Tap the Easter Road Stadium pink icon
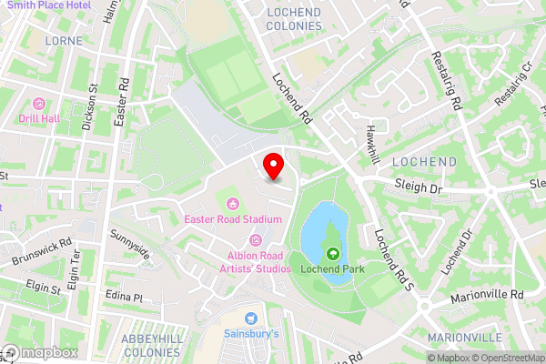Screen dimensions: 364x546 (x=232, y=203)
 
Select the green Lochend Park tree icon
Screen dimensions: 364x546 (x=333, y=254)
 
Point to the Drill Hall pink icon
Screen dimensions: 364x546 (x=38, y=103)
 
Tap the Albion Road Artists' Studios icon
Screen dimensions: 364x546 (x=256, y=240)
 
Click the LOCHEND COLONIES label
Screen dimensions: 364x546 (x=294, y=18)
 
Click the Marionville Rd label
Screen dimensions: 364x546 (x=488, y=296)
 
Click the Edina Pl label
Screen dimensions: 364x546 (x=125, y=298)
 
